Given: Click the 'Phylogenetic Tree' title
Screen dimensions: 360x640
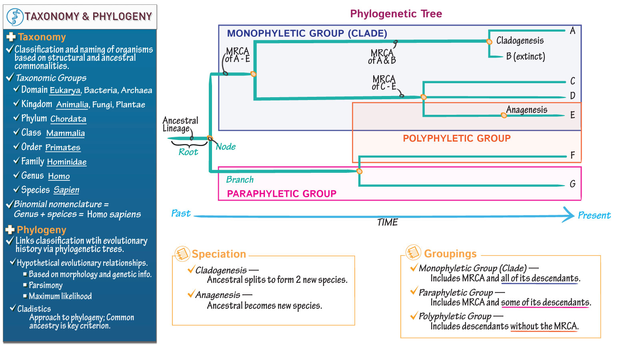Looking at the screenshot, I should click(x=396, y=14).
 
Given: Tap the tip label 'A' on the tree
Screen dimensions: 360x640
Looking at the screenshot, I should click(x=572, y=31).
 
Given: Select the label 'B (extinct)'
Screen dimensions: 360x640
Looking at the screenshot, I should click(x=525, y=56).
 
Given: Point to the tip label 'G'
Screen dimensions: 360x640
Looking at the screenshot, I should click(x=572, y=184).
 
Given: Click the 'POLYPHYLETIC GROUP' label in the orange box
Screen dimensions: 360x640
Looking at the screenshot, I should click(x=456, y=138).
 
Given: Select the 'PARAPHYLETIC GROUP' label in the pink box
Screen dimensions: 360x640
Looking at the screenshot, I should click(x=282, y=194).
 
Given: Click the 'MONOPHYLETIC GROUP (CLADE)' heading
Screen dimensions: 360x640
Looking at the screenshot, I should click(x=307, y=33).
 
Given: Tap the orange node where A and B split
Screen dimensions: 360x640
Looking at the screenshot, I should click(x=489, y=42).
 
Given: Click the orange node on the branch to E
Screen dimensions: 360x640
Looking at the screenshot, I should click(x=504, y=115).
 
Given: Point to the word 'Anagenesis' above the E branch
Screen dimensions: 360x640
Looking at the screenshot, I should click(x=526, y=110).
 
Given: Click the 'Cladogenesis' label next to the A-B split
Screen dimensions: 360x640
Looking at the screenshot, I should click(x=520, y=40).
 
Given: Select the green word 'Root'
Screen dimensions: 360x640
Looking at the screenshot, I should click(x=188, y=152).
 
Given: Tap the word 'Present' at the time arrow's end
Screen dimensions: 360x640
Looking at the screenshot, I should click(x=594, y=216).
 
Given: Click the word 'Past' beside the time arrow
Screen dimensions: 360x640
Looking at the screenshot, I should click(x=181, y=213).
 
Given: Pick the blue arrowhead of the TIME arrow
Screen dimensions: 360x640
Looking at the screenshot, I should click(x=569, y=214).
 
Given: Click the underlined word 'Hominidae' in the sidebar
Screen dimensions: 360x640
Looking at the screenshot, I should click(x=66, y=162).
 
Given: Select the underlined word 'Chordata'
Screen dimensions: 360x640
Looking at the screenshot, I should click(x=68, y=119).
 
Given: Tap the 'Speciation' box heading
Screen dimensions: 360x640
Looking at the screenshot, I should click(x=218, y=254).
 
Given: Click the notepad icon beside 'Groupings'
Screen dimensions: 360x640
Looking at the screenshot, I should click(x=413, y=252).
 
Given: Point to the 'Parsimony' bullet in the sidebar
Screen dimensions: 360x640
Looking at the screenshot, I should click(x=46, y=285).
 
